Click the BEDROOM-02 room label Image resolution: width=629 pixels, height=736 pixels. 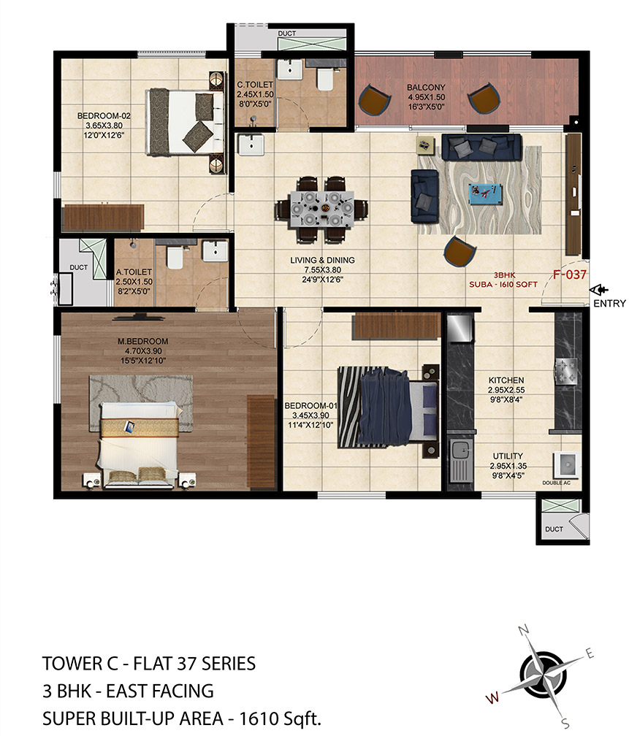point(104,116)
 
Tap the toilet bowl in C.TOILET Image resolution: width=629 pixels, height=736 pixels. point(325,78)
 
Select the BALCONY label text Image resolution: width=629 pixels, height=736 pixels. point(426,88)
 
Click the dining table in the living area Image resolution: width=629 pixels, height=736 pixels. point(321,208)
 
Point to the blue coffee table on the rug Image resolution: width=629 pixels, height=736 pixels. point(486,194)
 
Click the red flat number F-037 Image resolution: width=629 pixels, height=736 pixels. point(569,274)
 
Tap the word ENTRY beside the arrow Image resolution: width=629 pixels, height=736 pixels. point(610,304)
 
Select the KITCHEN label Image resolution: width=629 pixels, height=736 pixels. point(506,380)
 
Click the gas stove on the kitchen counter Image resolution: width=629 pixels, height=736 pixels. point(568,371)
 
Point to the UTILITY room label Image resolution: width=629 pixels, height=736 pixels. point(508,456)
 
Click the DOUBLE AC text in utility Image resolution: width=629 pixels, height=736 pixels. point(556,483)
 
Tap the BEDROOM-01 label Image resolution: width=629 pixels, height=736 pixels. point(311,405)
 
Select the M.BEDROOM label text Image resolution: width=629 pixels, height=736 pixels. point(142,341)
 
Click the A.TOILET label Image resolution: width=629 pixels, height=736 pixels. point(134,272)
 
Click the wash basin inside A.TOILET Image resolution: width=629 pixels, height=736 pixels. point(216,250)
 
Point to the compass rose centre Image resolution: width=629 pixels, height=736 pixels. point(543,675)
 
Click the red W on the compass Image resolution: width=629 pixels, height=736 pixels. point(492,698)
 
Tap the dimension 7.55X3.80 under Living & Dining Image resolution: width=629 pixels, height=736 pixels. point(322,270)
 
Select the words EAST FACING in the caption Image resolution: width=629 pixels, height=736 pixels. point(160,691)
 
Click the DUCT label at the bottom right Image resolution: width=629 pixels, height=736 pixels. point(554,529)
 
